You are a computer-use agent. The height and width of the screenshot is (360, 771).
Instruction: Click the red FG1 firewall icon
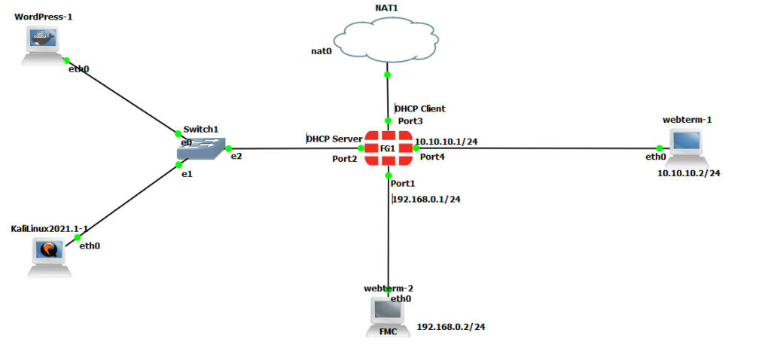(x=388, y=148)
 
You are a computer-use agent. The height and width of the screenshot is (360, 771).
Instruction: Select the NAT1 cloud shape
(x=387, y=43)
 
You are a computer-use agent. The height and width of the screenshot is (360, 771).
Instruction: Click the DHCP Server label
(x=334, y=139)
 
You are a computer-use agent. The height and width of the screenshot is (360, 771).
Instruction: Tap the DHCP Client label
(x=420, y=109)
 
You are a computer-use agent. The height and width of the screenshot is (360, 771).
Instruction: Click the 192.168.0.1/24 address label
(x=427, y=200)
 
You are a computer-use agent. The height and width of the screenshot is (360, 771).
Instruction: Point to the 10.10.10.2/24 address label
(x=688, y=173)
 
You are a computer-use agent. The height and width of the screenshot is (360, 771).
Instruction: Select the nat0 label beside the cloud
(x=321, y=51)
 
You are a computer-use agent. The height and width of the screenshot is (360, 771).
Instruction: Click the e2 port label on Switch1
(x=236, y=156)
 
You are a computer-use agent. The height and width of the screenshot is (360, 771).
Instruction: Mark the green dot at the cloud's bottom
(x=388, y=75)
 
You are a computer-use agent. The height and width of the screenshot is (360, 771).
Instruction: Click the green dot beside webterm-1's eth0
(x=660, y=148)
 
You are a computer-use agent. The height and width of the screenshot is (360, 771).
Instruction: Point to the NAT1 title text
(x=386, y=8)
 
